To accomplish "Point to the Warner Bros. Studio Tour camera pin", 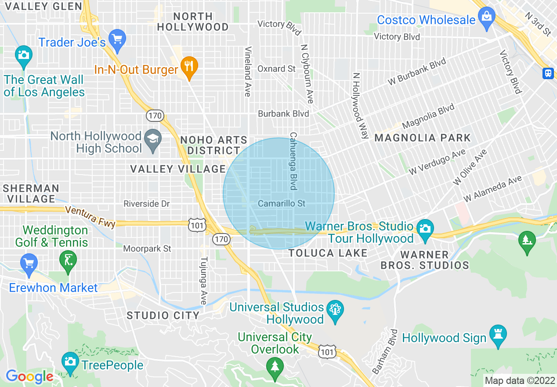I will [425, 230].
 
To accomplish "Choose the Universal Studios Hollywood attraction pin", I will [335, 311].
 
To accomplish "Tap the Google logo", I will [29, 376].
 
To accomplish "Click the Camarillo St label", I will [282, 204].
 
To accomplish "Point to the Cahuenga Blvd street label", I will [293, 161].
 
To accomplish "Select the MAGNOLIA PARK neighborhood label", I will [422, 138].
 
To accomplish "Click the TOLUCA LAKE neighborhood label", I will [328, 253].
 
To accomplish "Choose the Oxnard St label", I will [276, 69].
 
